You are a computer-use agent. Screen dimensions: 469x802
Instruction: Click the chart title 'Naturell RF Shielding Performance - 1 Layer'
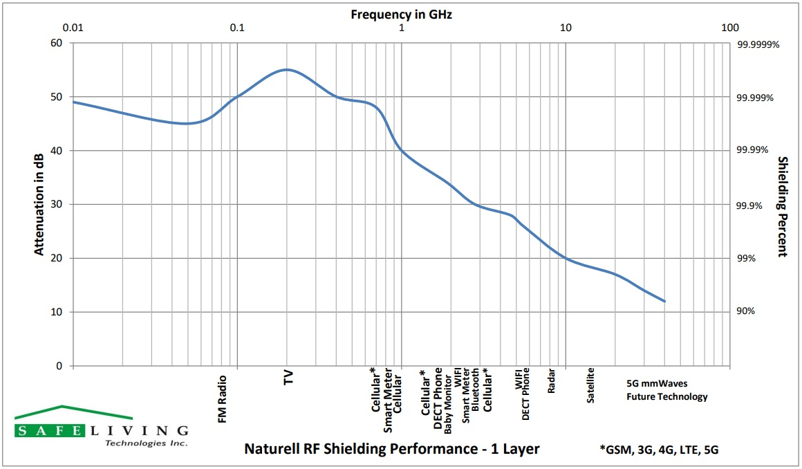point(392,449)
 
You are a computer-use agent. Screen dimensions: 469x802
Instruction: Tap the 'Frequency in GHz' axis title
point(401,13)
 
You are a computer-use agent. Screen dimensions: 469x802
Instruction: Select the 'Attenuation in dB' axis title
point(40,203)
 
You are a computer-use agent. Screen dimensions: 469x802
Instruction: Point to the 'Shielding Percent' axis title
point(783,206)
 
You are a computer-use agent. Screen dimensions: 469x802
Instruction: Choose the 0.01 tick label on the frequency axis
point(73,28)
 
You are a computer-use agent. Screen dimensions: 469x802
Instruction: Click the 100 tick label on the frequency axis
point(729,28)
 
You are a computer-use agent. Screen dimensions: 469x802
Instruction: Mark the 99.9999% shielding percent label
point(758,44)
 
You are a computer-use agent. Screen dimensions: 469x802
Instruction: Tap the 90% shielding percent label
point(746,311)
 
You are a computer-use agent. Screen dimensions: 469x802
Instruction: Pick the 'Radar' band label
point(552,381)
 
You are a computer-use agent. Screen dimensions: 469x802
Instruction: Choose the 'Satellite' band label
point(591,386)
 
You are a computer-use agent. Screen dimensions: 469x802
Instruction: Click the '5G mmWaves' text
point(657,383)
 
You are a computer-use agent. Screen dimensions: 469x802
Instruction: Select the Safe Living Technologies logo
point(101,426)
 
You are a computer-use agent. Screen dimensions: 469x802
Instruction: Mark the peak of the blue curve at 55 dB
point(286,69)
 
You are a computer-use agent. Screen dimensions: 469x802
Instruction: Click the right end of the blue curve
point(664,301)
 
